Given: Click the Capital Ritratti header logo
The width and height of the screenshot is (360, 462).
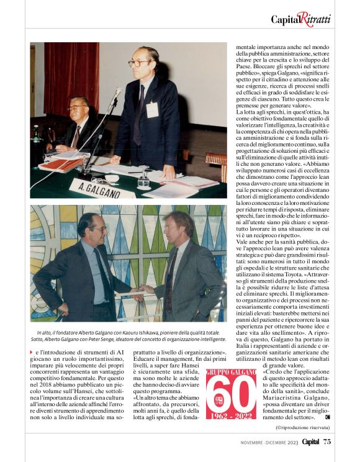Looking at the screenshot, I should [301, 19].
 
